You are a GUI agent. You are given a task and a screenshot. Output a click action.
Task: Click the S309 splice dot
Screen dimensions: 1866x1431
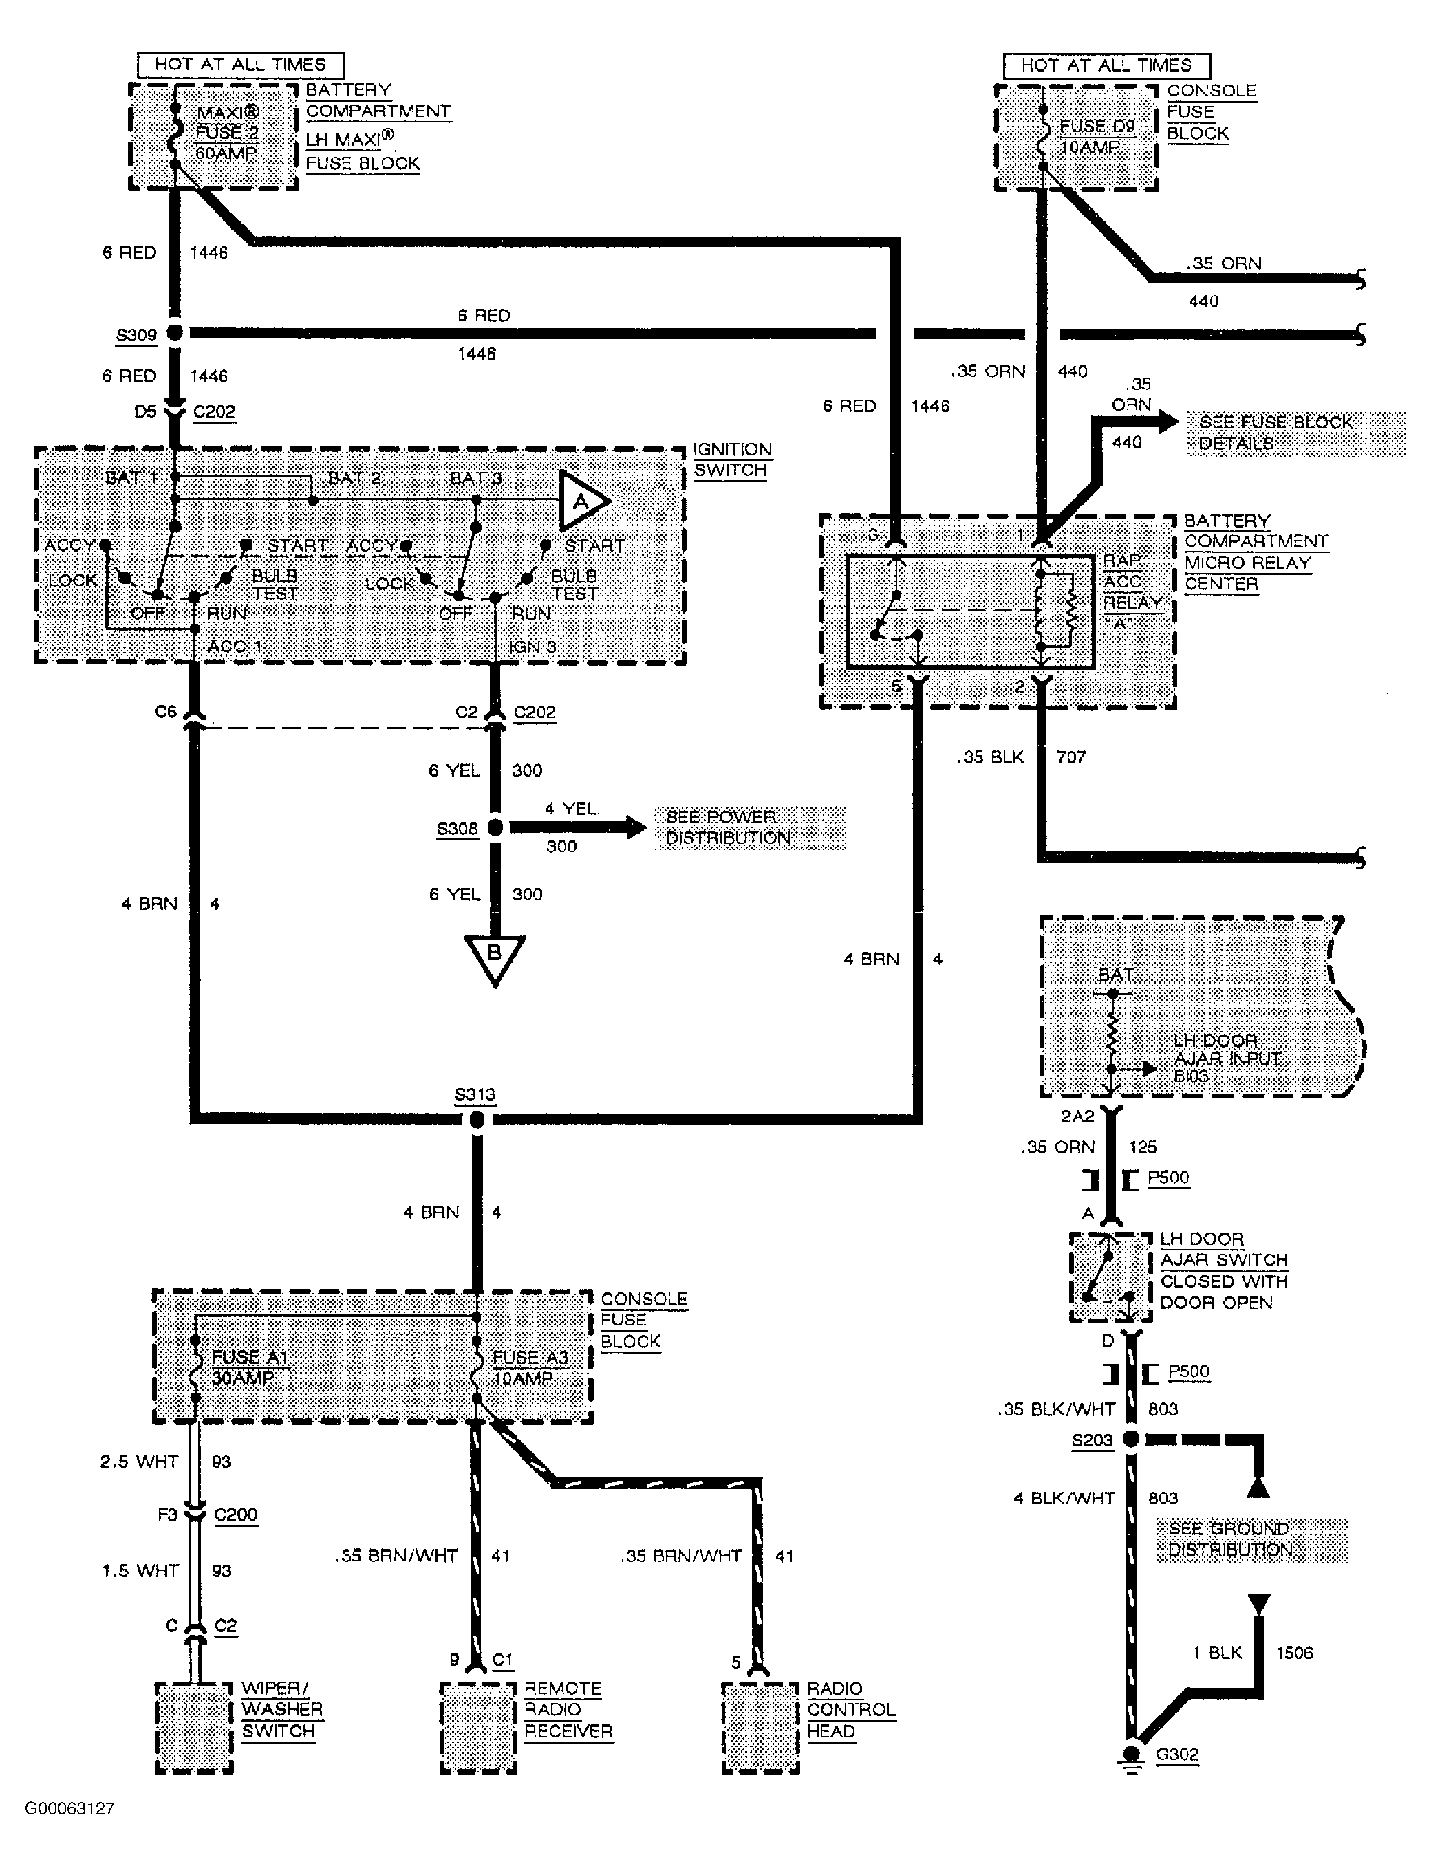point(174,333)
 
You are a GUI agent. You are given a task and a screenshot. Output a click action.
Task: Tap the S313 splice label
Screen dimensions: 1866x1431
point(475,1094)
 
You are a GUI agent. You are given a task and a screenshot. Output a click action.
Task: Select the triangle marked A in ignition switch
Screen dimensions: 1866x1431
point(582,501)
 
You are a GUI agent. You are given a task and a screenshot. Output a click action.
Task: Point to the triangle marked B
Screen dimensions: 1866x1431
point(494,957)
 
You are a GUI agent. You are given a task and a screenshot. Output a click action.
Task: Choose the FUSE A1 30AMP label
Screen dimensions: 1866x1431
point(249,1367)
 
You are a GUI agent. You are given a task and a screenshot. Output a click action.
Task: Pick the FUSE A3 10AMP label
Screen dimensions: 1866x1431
point(530,1367)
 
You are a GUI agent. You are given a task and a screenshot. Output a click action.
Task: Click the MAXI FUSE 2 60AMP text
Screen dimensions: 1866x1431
point(228,133)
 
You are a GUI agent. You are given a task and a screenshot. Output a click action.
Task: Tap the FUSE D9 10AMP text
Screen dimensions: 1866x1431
point(1095,136)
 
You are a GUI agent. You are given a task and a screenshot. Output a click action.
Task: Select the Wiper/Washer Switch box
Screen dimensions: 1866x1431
point(194,1726)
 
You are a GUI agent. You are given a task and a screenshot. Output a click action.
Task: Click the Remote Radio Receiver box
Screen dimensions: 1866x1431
point(479,1726)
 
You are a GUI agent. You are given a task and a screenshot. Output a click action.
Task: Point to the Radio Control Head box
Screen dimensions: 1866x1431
point(760,1726)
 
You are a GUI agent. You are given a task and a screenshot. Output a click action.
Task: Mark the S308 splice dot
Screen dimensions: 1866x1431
point(494,827)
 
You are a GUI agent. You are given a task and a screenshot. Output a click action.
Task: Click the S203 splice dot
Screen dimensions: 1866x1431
point(1130,1440)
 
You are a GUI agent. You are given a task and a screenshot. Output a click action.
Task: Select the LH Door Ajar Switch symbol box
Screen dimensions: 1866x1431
point(1110,1277)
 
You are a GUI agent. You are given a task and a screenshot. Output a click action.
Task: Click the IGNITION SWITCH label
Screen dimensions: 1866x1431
point(732,460)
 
